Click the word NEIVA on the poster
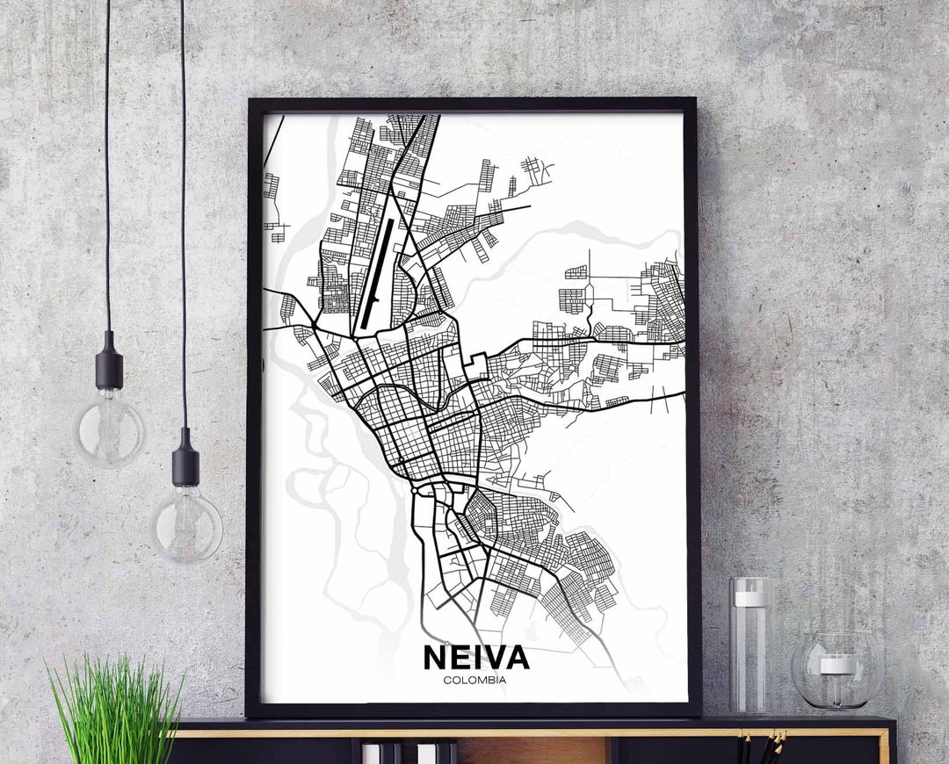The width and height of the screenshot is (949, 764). click(475, 657)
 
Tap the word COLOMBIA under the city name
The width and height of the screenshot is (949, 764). click(474, 679)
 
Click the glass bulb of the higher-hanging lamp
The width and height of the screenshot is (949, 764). click(110, 429)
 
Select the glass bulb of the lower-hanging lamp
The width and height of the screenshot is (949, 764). click(186, 524)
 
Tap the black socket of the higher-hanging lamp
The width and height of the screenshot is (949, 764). click(110, 359)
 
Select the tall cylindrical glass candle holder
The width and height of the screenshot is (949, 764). click(751, 645)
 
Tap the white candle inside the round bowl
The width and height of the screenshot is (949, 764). click(837, 665)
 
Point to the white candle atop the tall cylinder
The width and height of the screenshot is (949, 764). click(751, 598)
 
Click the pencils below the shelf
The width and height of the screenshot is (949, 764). click(761, 747)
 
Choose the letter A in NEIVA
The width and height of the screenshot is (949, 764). click(516, 657)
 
